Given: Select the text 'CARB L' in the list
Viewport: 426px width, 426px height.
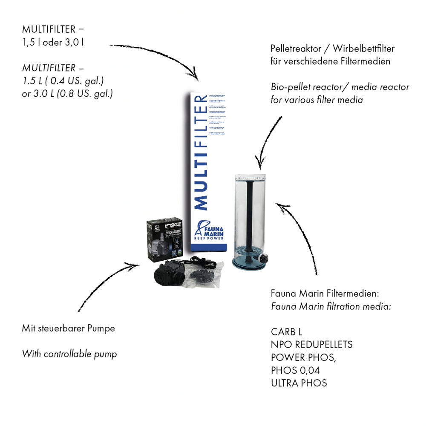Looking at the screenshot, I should coord(286,332).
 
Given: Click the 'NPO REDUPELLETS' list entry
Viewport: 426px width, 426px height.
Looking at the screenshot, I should coord(311,345).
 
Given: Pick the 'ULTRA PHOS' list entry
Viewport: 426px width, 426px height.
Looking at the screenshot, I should coord(299,383).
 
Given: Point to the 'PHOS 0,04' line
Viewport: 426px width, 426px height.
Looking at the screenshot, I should coord(295,370).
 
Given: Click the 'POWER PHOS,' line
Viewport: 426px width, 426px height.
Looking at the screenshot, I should coord(303,357).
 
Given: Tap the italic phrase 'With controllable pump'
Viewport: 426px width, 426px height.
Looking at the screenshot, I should coord(69,354).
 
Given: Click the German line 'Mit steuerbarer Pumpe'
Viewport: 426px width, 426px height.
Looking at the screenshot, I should coord(68,328).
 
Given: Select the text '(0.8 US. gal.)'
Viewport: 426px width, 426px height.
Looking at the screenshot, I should coord(85,94).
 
